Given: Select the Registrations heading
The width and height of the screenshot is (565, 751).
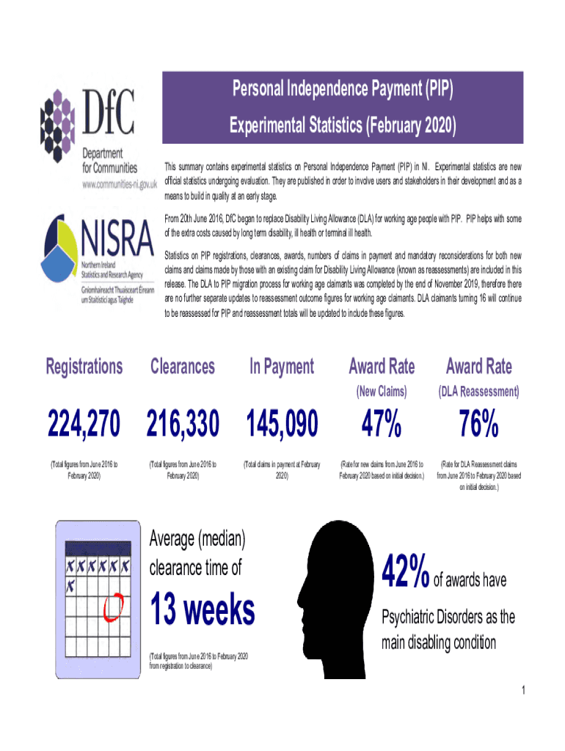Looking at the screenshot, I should tap(84, 367).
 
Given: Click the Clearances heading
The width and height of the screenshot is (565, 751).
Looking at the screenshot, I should tap(183, 367).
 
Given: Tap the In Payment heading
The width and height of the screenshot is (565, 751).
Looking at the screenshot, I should tap(282, 367).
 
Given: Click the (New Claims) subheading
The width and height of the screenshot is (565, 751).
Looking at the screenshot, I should tap(381, 392).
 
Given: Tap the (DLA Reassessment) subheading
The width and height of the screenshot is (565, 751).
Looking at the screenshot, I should tap(479, 392).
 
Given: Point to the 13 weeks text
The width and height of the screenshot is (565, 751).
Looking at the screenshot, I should tap(203, 609).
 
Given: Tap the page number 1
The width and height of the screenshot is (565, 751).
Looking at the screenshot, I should tap(522, 690).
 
